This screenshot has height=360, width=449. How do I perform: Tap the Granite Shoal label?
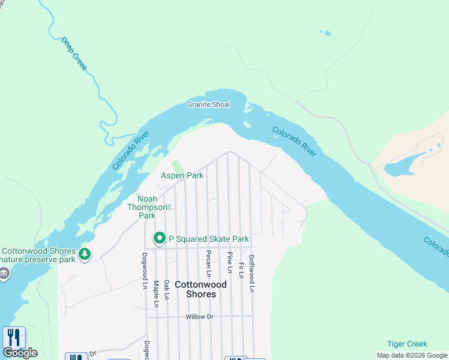click(208, 104)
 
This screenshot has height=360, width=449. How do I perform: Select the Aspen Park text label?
click(182, 175)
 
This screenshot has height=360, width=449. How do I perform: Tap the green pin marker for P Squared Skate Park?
click(160, 239)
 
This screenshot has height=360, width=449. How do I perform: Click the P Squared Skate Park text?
click(208, 239)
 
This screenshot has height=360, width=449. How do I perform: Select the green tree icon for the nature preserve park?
click(85, 254)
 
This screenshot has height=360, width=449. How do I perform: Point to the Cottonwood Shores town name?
click(200, 289)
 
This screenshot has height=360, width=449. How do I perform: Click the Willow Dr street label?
click(199, 316)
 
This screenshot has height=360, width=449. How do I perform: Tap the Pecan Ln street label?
click(208, 263)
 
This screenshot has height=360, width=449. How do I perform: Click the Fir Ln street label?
click(241, 270)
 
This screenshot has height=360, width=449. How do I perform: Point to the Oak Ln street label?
click(167, 289)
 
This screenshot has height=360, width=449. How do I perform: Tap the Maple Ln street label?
click(156, 293)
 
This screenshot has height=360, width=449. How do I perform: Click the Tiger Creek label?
click(407, 344)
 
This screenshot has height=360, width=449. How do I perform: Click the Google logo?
click(20, 353)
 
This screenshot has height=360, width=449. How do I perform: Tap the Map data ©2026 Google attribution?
click(412, 355)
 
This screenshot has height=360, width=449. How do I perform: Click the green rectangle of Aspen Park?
click(176, 165)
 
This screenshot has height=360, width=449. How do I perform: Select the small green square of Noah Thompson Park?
click(170, 208)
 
